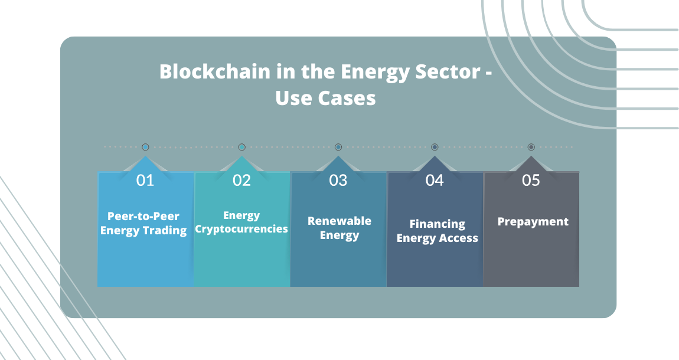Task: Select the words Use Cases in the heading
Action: tap(325, 97)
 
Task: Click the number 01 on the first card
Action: tap(145, 180)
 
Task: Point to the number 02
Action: tap(241, 180)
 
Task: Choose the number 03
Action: tap(338, 180)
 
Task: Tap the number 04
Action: tap(435, 180)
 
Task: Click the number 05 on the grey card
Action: tap(531, 180)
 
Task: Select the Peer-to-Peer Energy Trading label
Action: tap(143, 223)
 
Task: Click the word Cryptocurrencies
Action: tap(241, 229)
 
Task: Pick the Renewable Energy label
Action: tap(339, 228)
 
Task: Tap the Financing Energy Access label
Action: tap(438, 231)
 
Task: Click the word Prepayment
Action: tap(533, 222)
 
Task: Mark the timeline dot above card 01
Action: tap(145, 147)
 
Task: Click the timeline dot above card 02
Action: tap(241, 147)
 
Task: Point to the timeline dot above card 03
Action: tap(338, 147)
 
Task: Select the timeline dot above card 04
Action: tap(435, 147)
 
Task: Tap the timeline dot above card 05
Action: tap(531, 147)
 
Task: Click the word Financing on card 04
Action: tap(438, 224)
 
